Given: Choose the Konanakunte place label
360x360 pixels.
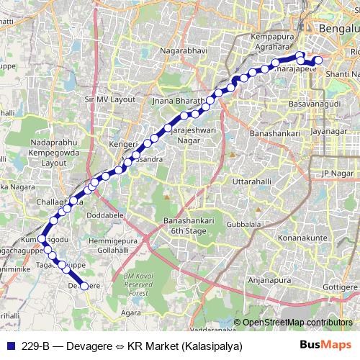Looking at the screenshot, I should point(305,237).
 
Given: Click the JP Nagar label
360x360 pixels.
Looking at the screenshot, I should point(339,174).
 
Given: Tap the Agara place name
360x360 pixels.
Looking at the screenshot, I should point(130,314).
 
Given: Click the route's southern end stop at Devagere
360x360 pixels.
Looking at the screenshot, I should point(84,286).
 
